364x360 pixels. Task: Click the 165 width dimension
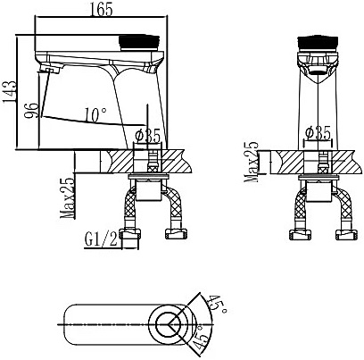(x=101, y=9)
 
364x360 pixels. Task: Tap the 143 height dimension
(x=9, y=91)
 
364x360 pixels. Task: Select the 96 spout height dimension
(x=31, y=111)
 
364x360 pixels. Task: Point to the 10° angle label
(x=95, y=115)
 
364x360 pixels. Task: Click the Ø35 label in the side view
(x=148, y=136)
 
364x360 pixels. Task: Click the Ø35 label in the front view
(x=318, y=133)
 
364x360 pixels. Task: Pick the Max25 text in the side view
(x=67, y=198)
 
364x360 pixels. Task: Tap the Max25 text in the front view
(x=251, y=162)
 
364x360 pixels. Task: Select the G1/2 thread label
(x=101, y=240)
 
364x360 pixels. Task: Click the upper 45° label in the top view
(x=219, y=304)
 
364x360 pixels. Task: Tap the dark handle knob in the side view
(x=139, y=43)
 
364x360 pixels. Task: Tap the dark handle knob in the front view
(x=318, y=42)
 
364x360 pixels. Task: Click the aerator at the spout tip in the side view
(x=50, y=70)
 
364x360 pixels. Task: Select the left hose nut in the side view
(x=130, y=234)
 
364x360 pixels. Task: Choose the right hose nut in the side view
(x=176, y=233)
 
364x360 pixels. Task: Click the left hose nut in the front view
(x=300, y=235)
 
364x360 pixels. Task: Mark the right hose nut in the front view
(x=346, y=235)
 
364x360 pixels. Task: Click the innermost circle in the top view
(x=170, y=324)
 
